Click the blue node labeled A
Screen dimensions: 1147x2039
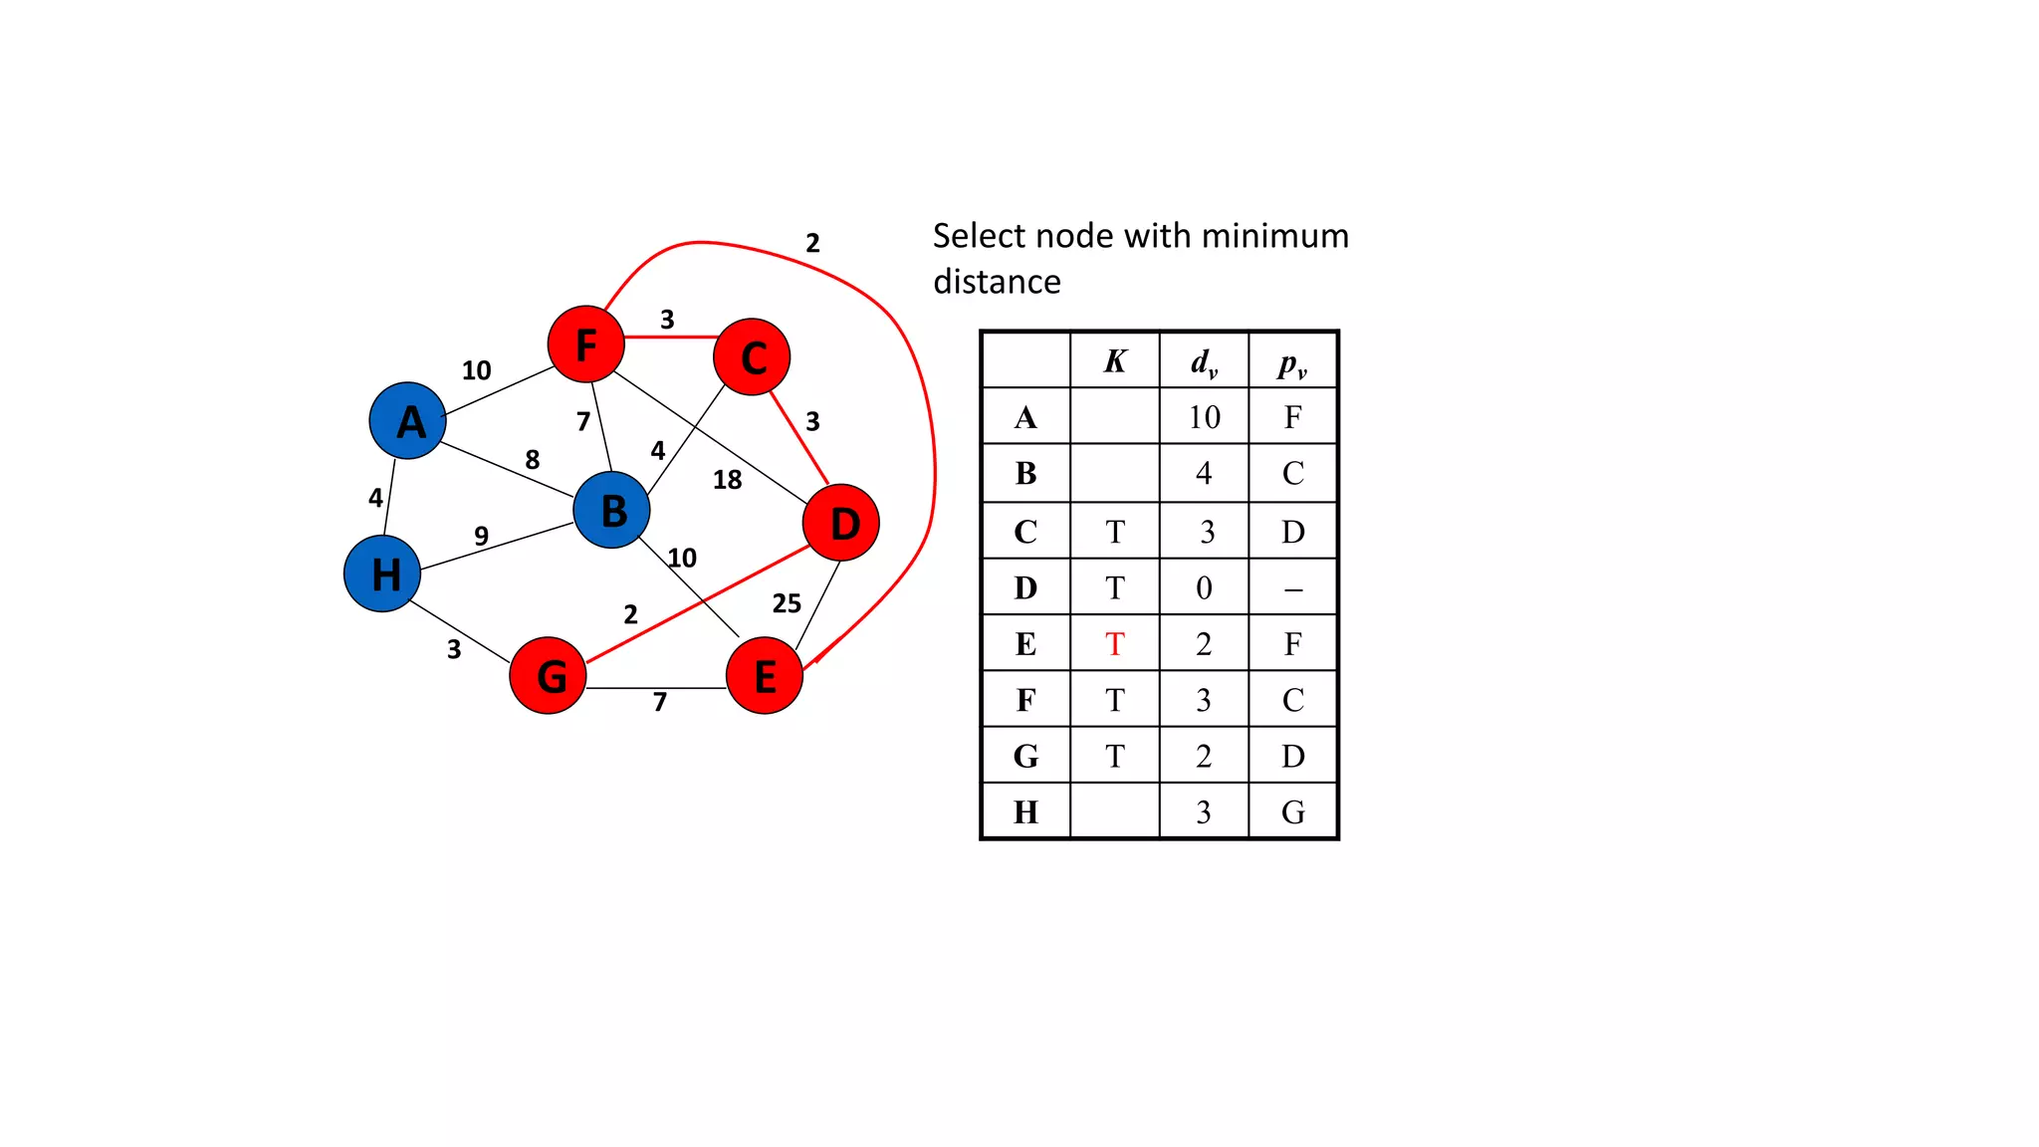pyautogui.click(x=407, y=420)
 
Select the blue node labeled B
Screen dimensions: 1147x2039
pyautogui.click(x=612, y=510)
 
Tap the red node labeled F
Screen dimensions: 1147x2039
pyautogui.click(x=586, y=344)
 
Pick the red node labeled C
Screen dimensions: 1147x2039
pyautogui.click(x=753, y=356)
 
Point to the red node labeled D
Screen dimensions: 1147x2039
pyautogui.click(x=841, y=523)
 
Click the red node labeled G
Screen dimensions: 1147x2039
pyautogui.click(x=549, y=676)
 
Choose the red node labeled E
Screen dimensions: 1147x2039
pyautogui.click(x=765, y=676)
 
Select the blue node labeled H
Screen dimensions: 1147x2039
pyautogui.click(x=382, y=573)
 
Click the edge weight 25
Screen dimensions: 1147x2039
pyautogui.click(x=787, y=603)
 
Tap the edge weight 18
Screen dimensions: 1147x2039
pyautogui.click(x=728, y=480)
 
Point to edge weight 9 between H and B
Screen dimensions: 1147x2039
pyautogui.click(x=482, y=536)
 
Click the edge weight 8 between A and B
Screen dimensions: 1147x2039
pyautogui.click(x=533, y=459)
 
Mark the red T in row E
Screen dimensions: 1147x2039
pyautogui.click(x=1115, y=644)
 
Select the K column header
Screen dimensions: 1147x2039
pyautogui.click(x=1115, y=360)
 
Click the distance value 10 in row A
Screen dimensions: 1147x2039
pyautogui.click(x=1204, y=417)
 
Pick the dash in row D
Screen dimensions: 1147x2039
pyautogui.click(x=1293, y=589)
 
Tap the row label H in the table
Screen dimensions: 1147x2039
pyautogui.click(x=1025, y=812)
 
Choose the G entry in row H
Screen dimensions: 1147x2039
pyautogui.click(x=1293, y=812)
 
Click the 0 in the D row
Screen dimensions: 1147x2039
pyautogui.click(x=1204, y=588)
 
